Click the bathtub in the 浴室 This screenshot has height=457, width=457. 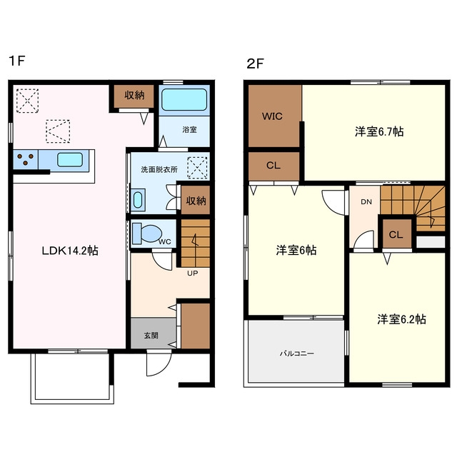(184, 99)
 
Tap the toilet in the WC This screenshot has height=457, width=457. (147, 233)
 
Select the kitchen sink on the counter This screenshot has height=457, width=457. (70, 160)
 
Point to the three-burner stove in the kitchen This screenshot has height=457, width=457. (26, 159)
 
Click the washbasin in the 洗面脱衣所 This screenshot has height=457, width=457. (138, 200)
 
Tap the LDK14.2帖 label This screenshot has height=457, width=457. (70, 251)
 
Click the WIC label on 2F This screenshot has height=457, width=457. (272, 116)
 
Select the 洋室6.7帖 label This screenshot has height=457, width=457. (379, 131)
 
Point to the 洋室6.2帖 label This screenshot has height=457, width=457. (401, 319)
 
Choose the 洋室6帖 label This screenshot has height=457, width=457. (296, 250)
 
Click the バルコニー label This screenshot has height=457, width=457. (297, 353)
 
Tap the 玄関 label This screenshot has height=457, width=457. (151, 336)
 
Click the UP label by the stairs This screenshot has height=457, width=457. (192, 273)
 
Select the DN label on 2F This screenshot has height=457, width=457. (366, 201)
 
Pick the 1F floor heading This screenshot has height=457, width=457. (17, 61)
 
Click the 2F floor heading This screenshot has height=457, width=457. (255, 64)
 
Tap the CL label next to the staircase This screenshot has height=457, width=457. (396, 235)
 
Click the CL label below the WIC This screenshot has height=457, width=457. (273, 166)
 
